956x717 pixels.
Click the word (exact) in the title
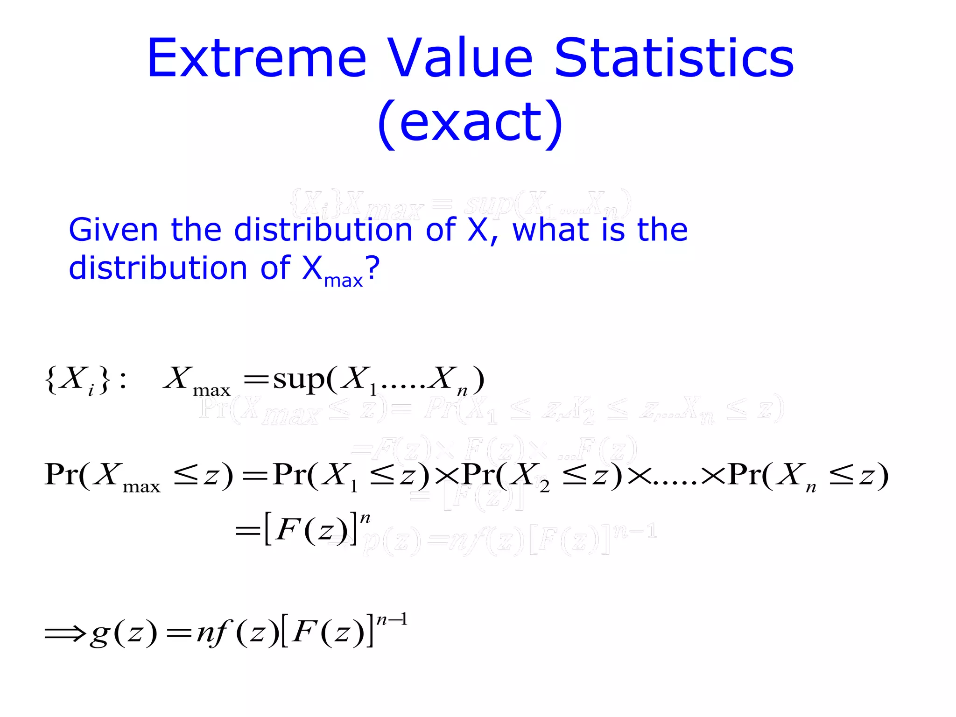pos(470,122)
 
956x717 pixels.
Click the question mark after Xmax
pos(373,268)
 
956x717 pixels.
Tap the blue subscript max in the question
pos(343,281)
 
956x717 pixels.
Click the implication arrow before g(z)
pos(65,633)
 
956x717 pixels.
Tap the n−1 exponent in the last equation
pos(392,620)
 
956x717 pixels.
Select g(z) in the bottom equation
pos(124,633)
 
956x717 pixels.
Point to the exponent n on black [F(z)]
pos(365,518)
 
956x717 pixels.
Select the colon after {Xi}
pos(122,380)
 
